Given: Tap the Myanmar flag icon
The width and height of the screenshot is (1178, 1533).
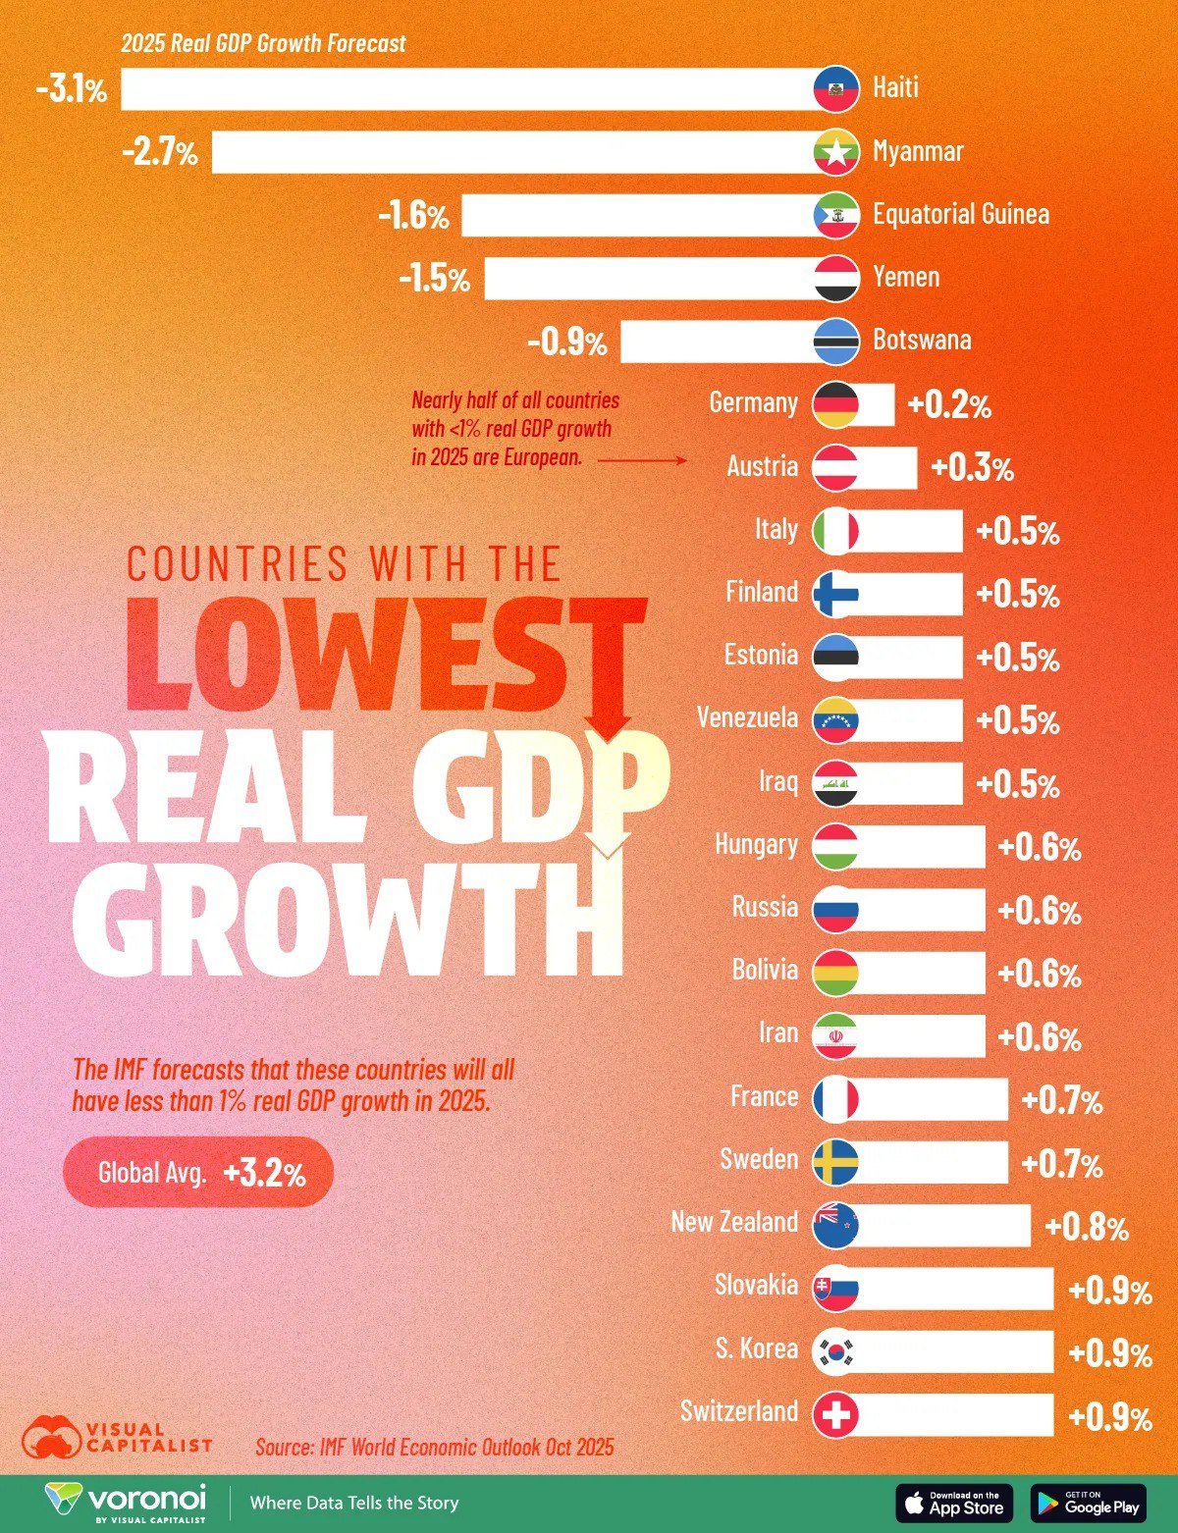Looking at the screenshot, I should [836, 152].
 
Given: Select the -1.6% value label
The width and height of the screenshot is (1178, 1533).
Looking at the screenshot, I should [413, 216].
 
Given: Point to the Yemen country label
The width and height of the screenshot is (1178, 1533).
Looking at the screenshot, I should [906, 278].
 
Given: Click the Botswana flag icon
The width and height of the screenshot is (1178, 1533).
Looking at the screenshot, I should [836, 342].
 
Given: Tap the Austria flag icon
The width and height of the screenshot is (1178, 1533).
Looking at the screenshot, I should [835, 467].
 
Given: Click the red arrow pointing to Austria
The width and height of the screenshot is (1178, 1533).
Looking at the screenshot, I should [642, 459].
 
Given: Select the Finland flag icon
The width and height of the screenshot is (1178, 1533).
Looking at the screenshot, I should [835, 594].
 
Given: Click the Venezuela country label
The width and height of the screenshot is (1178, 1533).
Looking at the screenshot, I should [747, 718].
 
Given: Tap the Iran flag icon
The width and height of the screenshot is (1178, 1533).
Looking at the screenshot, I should [835, 1036].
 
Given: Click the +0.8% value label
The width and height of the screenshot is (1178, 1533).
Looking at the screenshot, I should [1087, 1228].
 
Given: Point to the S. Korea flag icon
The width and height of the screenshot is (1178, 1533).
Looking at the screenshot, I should [835, 1351].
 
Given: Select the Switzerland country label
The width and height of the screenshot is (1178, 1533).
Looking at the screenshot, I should [739, 1412].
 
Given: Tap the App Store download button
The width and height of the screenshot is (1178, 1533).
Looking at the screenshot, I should [953, 1503].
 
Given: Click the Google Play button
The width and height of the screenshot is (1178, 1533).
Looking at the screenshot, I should [1088, 1503].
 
